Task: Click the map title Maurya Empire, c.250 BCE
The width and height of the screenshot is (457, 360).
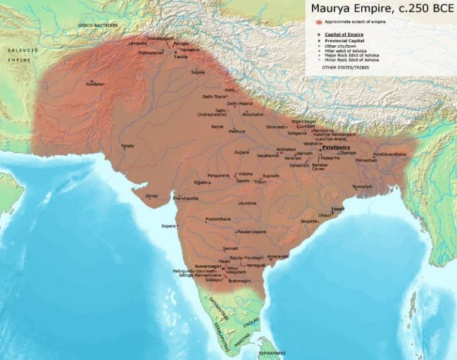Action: point(378,10)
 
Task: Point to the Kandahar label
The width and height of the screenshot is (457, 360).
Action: point(95,84)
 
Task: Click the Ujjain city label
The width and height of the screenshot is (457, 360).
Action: point(199,182)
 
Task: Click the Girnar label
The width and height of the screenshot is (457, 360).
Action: point(152,195)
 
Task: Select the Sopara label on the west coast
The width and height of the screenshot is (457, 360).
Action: point(169,226)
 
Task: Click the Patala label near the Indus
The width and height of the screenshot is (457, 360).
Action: point(127,145)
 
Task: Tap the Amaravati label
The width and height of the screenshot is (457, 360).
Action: point(277,256)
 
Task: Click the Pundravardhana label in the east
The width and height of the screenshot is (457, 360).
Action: point(390,154)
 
